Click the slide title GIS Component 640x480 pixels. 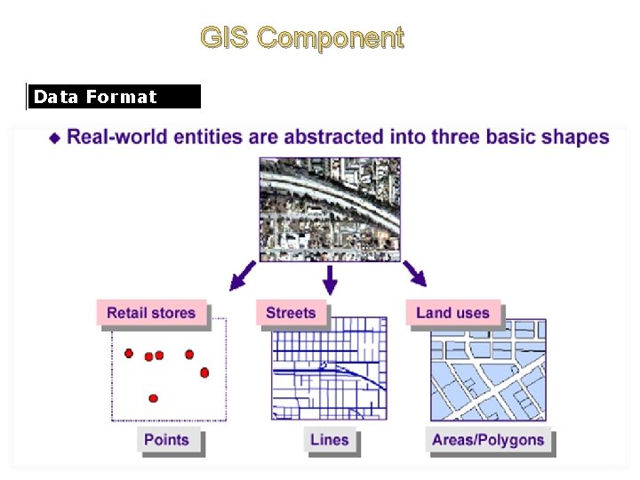[x=301, y=38]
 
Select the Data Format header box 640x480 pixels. [x=114, y=97]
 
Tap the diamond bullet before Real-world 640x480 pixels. [x=55, y=138]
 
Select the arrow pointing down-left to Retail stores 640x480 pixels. [x=241, y=276]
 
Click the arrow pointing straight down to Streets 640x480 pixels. [x=330, y=281]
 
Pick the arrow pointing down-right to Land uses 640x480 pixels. [x=415, y=274]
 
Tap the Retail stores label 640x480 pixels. [x=150, y=313]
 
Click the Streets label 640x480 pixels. [x=291, y=313]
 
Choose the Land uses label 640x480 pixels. [x=452, y=313]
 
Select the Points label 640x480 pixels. [x=166, y=440]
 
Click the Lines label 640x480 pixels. [x=330, y=440]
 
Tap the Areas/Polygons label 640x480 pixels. [x=488, y=440]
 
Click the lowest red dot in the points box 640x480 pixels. [x=153, y=398]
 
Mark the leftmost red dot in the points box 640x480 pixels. [x=129, y=354]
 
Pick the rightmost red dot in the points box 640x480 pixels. [x=204, y=372]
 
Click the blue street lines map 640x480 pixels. [x=329, y=368]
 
